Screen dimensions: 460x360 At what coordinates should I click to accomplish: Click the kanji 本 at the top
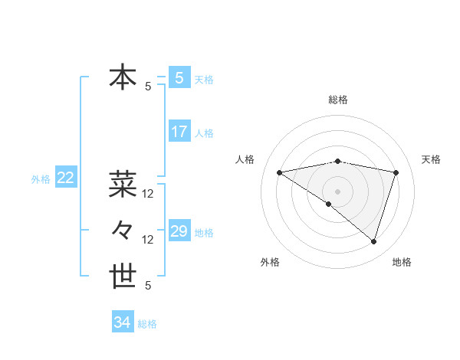(123, 78)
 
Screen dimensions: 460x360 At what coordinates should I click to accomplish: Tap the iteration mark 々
(123, 229)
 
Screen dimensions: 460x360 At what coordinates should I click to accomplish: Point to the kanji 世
(123, 276)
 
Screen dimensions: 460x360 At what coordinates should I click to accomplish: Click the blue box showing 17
(179, 132)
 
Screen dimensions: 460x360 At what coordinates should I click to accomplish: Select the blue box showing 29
(179, 231)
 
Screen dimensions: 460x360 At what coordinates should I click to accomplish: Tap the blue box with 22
(65, 178)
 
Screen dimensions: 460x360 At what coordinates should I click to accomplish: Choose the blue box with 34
(122, 322)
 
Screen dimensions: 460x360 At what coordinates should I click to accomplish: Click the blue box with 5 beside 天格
(179, 77)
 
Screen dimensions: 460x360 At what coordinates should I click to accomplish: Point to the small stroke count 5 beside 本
(148, 87)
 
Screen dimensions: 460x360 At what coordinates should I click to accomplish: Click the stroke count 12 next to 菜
(148, 194)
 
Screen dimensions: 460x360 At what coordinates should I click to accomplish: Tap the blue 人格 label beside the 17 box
(204, 133)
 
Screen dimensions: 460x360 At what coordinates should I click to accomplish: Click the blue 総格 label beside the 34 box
(147, 324)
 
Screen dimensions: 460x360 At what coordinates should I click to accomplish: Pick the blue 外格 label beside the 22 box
(41, 179)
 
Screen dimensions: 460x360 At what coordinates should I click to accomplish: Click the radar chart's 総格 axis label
(337, 100)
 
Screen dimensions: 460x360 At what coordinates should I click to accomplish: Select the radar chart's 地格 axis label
(402, 262)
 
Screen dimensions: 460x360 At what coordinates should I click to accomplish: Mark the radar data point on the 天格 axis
(396, 172)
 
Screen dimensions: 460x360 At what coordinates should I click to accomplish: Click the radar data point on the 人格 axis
(279, 172)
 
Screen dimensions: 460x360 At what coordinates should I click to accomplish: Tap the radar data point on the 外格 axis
(329, 205)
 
